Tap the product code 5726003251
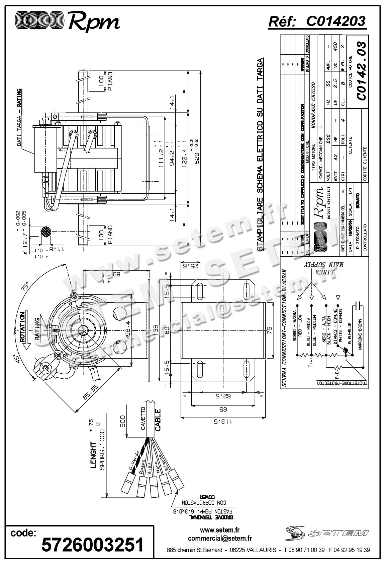(x=92, y=545)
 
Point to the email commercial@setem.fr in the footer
(x=220, y=539)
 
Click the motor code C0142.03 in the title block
(x=362, y=71)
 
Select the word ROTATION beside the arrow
(x=22, y=327)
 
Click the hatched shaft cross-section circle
(x=45, y=232)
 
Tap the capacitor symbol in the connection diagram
(x=358, y=306)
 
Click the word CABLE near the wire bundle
(x=158, y=420)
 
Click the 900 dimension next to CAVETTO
(x=123, y=421)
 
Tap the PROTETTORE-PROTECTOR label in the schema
(x=342, y=382)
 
